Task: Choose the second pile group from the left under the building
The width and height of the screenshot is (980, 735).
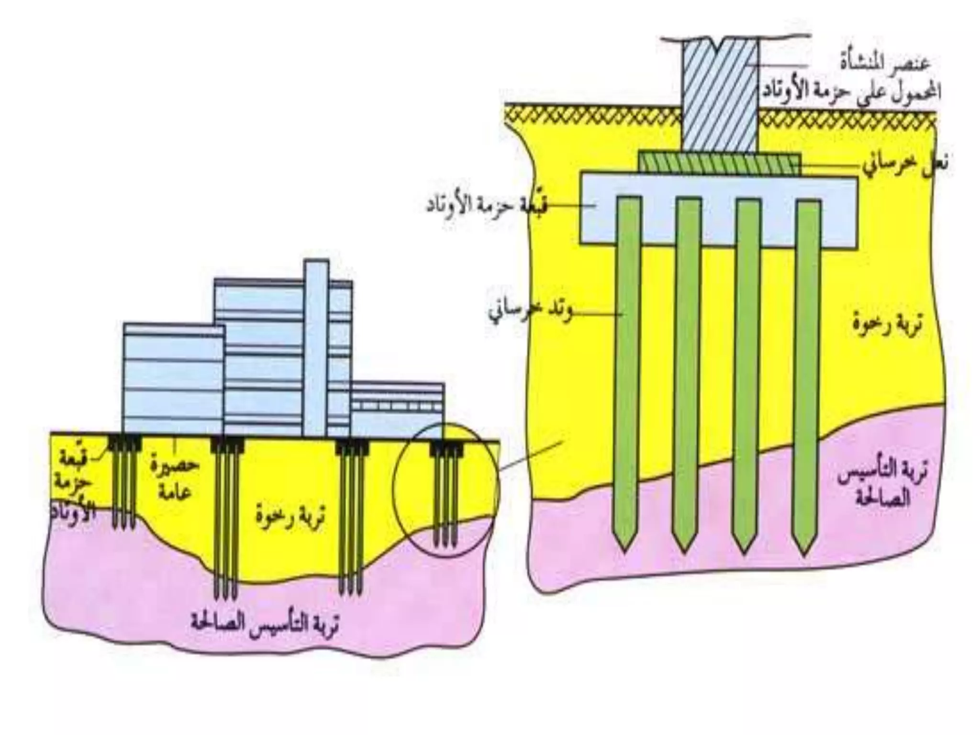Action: pos(227,517)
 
